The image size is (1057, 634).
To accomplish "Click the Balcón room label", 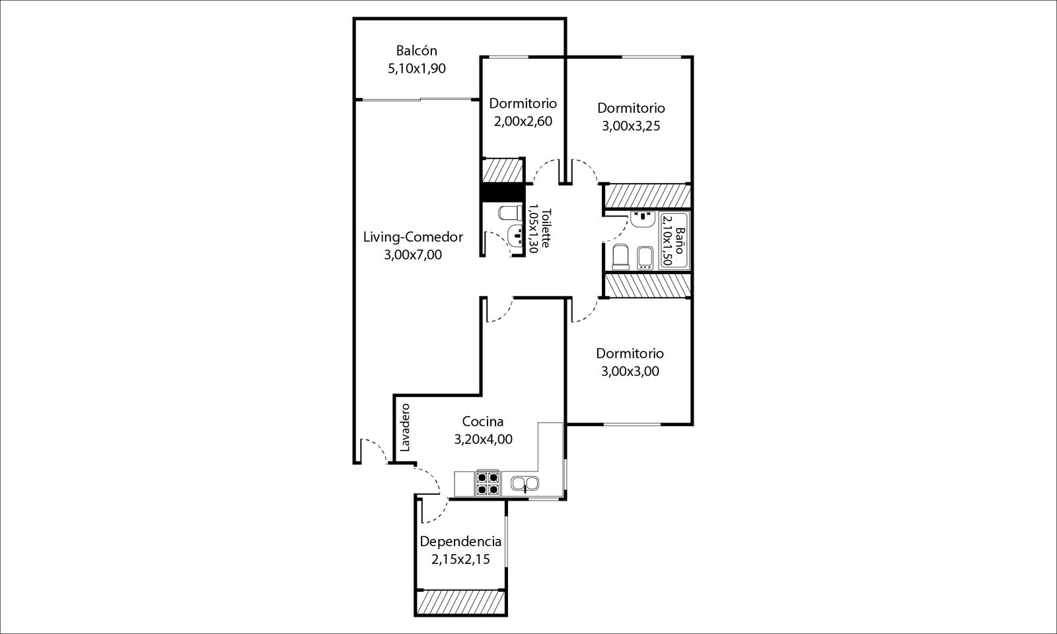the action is click(x=417, y=50).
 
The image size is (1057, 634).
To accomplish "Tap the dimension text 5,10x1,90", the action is click(x=417, y=69).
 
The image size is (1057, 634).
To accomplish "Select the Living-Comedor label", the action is click(x=413, y=237).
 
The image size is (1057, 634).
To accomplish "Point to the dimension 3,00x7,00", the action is click(x=413, y=255).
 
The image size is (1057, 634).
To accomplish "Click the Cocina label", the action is click(x=483, y=421).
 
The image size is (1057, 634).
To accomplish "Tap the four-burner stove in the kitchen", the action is click(x=488, y=483).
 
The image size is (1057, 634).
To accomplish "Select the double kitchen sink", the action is click(x=525, y=483).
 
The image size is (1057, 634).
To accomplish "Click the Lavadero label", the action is click(x=406, y=427).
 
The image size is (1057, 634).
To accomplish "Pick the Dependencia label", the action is click(x=460, y=542).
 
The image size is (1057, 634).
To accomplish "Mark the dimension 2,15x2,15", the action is click(x=460, y=560).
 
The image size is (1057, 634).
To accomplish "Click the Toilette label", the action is click(x=546, y=229).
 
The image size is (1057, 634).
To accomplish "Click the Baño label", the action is click(x=680, y=240).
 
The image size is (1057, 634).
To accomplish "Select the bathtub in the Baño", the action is click(x=674, y=240).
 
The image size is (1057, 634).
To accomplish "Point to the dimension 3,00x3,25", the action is click(x=631, y=126).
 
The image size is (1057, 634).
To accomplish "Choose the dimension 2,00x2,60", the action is click(x=523, y=122).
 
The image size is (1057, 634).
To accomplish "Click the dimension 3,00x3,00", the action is click(x=630, y=372).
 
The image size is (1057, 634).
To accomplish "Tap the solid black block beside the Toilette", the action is click(x=502, y=192).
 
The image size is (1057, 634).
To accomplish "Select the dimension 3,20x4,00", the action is click(x=483, y=440).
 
